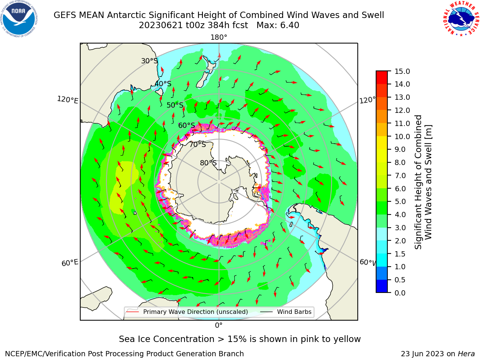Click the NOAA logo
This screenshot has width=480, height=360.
[19, 19]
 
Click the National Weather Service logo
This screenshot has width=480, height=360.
[460, 19]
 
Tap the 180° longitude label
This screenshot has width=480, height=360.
[219, 37]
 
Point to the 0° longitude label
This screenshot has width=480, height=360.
[219, 325]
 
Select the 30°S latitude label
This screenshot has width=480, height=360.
[149, 61]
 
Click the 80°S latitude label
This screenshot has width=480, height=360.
[208, 163]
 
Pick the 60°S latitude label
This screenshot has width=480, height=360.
[186, 125]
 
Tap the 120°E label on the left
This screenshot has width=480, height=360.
[67, 100]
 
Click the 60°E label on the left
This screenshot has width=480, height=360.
[70, 263]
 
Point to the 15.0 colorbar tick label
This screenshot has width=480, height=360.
[402, 71]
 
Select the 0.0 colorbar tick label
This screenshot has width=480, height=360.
[400, 293]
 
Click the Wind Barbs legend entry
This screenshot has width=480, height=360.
[286, 312]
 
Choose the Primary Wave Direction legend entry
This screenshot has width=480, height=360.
[187, 312]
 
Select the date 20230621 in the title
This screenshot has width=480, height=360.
[161, 25]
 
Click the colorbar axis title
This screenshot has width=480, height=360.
[423, 182]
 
